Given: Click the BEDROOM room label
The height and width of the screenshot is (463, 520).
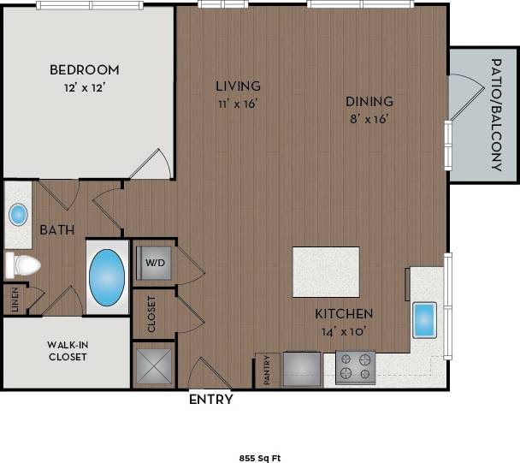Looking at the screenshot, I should click(x=84, y=69).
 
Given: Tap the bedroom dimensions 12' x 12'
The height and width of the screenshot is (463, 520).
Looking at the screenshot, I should click(x=84, y=87).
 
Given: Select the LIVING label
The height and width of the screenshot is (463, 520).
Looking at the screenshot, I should click(x=238, y=86).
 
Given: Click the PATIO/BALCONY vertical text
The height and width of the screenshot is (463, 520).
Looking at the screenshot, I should click(x=496, y=115).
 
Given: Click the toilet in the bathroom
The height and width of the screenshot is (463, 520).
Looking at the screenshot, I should click(x=23, y=265).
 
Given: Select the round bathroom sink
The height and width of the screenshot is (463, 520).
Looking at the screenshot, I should click(x=18, y=214).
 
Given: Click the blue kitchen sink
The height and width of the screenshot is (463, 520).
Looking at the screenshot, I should click(x=424, y=319).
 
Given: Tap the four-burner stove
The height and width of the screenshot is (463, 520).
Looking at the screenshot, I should click(x=355, y=367).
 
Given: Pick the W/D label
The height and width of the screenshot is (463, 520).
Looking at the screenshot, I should click(x=155, y=263).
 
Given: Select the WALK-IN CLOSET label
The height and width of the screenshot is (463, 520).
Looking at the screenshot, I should click(x=67, y=351).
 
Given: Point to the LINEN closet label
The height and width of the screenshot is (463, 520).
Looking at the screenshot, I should click(x=13, y=300).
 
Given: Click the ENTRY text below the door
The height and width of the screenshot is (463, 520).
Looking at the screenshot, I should click(x=210, y=399).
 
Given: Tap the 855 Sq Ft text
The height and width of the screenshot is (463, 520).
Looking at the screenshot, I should click(x=259, y=458).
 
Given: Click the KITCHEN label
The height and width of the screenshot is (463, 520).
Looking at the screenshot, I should click(x=343, y=313).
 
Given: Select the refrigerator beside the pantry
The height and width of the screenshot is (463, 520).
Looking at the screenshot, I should click(x=303, y=368).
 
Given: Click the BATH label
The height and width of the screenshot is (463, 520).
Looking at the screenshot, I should click(x=56, y=229).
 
